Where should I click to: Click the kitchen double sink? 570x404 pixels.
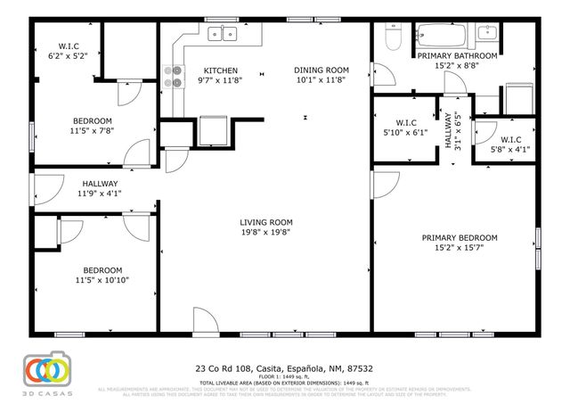[x=222, y=35]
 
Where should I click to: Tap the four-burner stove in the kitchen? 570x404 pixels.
[x=171, y=78]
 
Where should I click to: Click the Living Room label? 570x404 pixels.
[x=266, y=222]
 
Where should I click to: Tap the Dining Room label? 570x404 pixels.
[x=322, y=70]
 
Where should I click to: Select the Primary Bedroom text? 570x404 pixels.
[x=459, y=237]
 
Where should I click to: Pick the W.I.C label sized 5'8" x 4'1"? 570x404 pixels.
[x=510, y=139]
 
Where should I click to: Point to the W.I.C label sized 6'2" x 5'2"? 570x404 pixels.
[x=68, y=45]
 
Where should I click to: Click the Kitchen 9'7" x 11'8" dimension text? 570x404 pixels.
[x=220, y=81]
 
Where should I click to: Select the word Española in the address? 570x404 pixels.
[x=301, y=367]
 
